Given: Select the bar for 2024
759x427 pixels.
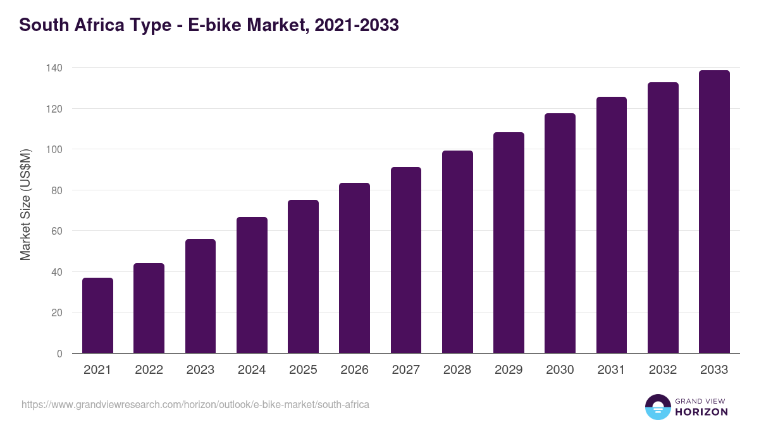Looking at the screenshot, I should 252,285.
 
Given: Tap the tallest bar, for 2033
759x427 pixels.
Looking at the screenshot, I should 714,211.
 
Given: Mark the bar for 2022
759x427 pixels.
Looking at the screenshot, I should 149,308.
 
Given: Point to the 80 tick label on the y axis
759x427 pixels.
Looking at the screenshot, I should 56,190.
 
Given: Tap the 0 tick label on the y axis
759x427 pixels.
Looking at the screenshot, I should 59,354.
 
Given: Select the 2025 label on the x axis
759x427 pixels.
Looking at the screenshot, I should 303,370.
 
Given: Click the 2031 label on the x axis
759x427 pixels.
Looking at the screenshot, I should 612,370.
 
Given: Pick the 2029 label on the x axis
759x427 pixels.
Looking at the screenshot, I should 509,370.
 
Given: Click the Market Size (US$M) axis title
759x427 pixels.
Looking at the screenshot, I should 25,204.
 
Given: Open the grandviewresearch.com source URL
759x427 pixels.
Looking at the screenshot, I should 195,404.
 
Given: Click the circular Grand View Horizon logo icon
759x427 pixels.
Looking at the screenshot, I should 657,407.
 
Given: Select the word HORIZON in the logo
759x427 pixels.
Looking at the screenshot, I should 701,412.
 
